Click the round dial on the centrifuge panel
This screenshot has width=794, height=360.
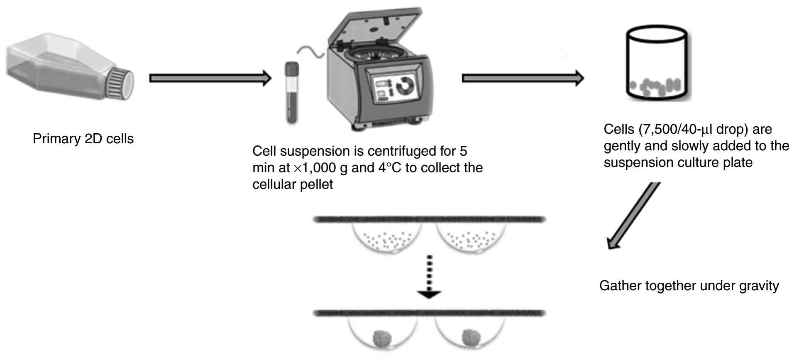point(405,86)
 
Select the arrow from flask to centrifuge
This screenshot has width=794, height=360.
point(210,78)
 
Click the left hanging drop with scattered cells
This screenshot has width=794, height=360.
point(387,239)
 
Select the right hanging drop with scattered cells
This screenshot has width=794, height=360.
point(470,239)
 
